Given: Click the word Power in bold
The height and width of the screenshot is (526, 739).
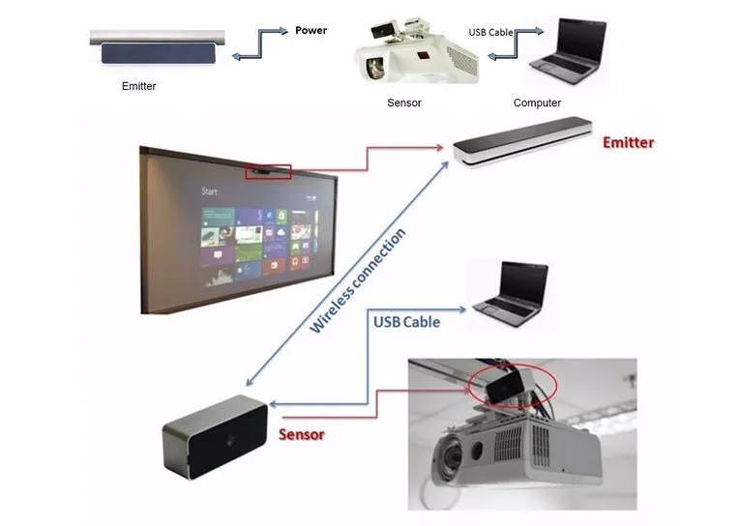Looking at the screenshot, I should (310, 30).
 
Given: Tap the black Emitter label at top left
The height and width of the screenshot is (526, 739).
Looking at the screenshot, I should (138, 86).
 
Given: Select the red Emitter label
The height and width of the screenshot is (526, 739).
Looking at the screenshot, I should (628, 142).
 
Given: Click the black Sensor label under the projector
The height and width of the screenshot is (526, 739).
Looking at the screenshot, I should (403, 102).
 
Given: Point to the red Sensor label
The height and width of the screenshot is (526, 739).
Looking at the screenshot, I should (302, 434).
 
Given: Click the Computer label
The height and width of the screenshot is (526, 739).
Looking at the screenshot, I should (537, 102).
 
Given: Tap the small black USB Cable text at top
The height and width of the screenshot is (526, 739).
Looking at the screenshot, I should (488, 32).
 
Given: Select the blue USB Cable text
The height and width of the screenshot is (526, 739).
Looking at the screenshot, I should (406, 322).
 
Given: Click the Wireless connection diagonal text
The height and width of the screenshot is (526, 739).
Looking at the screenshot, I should (357, 280).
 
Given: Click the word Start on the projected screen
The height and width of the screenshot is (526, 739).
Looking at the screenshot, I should (209, 191).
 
